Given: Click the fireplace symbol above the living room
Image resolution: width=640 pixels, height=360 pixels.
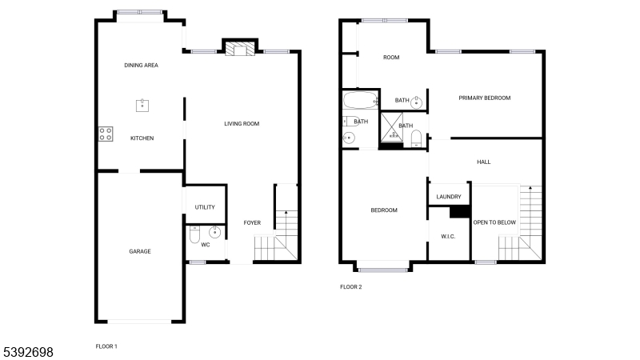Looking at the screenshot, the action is point(240,49).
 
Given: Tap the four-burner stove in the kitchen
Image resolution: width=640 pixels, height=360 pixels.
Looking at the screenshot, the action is point(106,134).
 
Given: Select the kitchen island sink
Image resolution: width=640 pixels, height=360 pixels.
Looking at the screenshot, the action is point(142,106).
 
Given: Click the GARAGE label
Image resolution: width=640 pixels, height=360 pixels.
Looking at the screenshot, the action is point(140,251).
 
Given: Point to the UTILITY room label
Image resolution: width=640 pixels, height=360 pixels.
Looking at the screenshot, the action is point(205,207).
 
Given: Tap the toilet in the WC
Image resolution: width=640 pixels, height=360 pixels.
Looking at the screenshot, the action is point(194,234).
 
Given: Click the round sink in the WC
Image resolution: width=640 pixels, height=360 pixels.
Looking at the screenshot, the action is point(214,232).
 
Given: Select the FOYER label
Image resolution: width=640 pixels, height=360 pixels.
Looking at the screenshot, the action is point(252,223).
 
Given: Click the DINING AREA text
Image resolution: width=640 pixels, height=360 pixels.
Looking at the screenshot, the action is point(142,66).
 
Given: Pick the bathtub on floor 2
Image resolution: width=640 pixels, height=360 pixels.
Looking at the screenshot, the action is point(360,99).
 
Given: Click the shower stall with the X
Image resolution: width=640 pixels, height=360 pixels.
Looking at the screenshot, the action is point(392,128).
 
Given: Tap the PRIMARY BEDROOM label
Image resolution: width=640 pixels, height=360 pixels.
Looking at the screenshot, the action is point(485,98).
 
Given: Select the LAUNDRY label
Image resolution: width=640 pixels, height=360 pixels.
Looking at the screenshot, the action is point(449,197).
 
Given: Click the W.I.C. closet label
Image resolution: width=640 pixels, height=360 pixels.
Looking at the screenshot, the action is point(448,237).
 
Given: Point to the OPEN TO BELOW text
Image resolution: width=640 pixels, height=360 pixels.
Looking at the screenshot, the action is point(494,222).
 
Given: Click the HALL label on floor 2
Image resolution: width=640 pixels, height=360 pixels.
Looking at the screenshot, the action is point(484,162).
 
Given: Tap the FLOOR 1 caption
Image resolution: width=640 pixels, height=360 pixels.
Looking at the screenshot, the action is point(106,346).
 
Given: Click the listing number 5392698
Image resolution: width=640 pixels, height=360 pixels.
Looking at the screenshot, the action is point(28,352).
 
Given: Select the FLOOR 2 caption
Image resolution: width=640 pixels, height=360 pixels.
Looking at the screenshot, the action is point(351,287).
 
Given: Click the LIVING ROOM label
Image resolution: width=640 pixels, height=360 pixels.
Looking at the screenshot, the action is point(242,124).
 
